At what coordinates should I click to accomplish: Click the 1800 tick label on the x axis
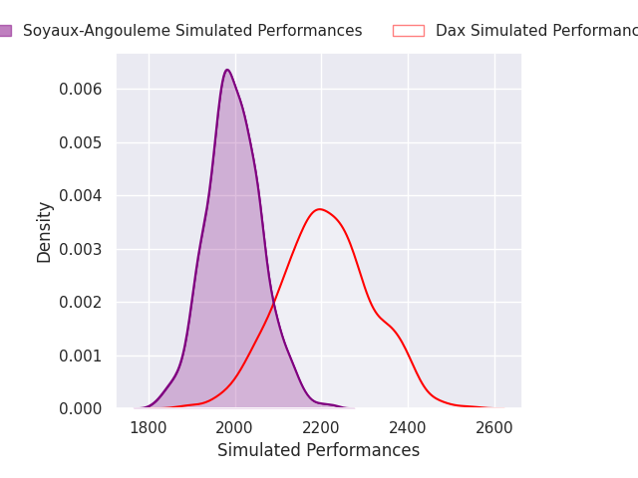(149, 427)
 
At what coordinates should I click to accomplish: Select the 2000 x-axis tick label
(235, 427)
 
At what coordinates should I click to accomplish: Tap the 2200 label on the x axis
(321, 427)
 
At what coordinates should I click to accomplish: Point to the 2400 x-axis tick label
(408, 427)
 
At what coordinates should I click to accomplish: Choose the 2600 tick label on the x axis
(494, 427)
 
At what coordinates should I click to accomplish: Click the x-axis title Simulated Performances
(318, 450)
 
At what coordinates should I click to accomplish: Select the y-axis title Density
(45, 231)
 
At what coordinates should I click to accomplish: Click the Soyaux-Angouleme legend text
(192, 31)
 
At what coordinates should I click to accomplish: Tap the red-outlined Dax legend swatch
(408, 31)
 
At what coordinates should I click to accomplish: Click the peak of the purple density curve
(227, 70)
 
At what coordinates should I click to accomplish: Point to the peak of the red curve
(319, 209)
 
